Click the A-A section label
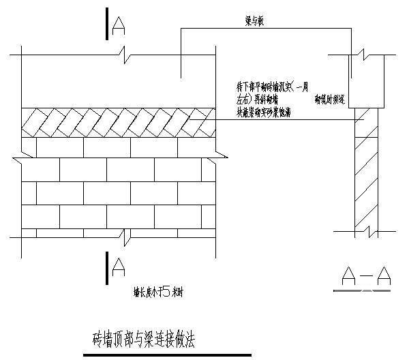(365, 276)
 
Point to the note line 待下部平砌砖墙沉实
(271, 87)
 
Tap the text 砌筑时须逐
(330, 100)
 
